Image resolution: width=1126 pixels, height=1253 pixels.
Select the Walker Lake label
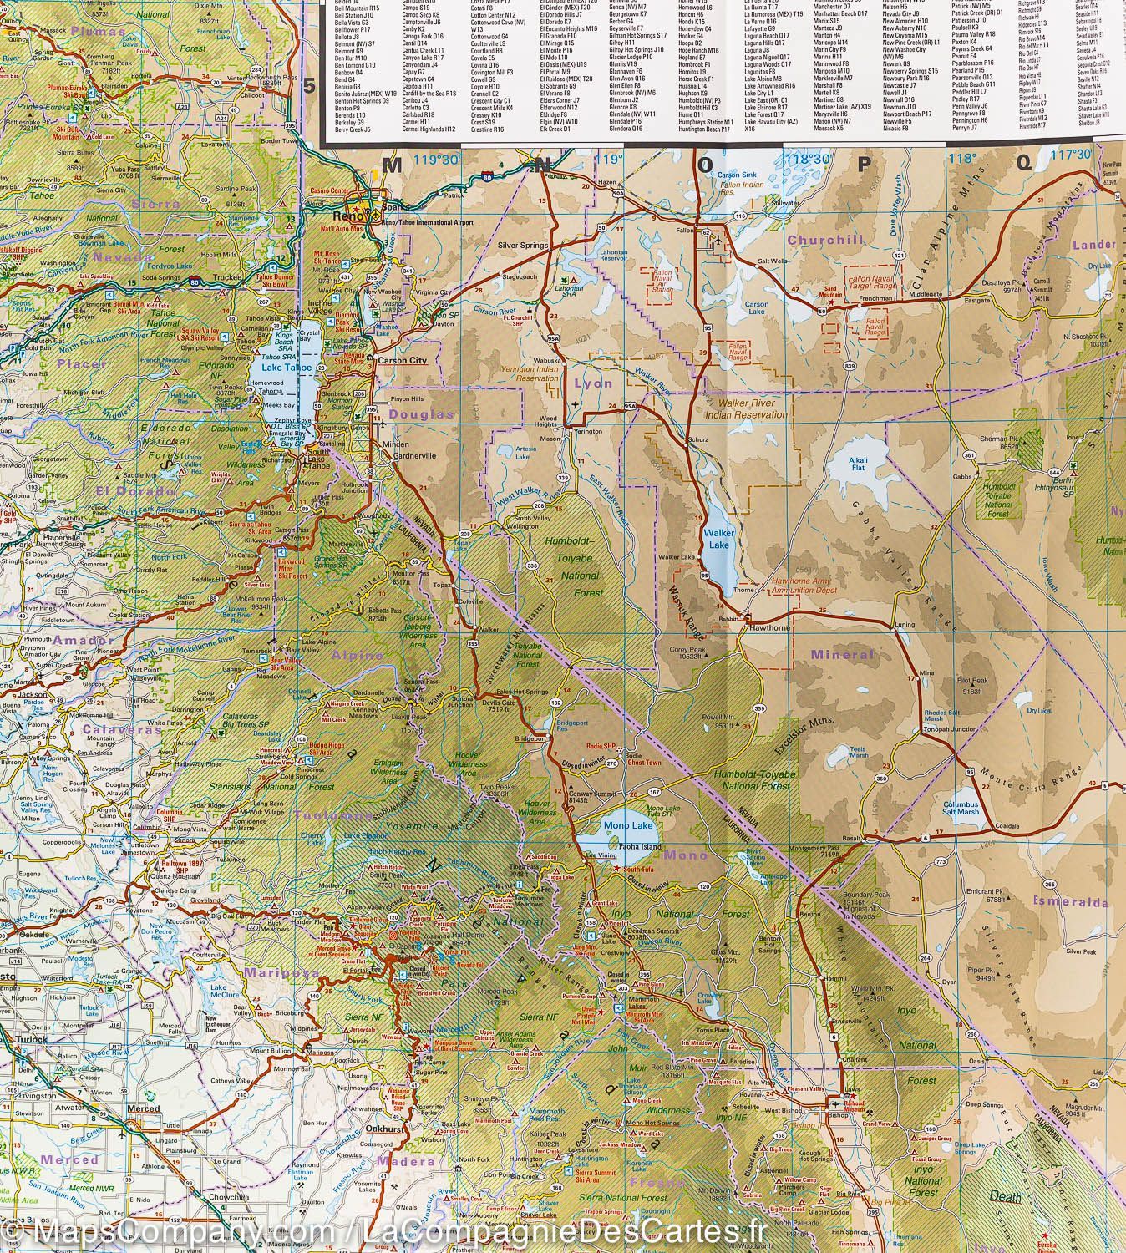[717, 539]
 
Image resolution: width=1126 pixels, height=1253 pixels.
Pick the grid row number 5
[311, 86]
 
